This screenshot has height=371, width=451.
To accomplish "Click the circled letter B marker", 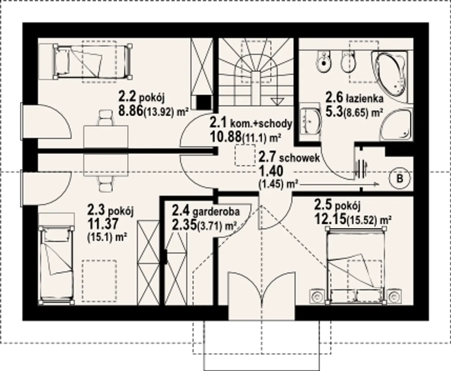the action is tap(400, 178).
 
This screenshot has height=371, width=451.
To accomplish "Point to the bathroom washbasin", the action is tap(311, 122).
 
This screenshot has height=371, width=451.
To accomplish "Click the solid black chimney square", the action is tap(204, 102).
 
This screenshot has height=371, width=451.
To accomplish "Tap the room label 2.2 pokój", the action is tap(141, 97).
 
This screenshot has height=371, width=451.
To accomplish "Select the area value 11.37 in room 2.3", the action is tap(103, 224).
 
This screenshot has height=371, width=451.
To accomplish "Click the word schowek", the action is tap(299, 158).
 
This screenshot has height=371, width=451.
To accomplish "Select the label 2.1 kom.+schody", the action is tap(251, 124).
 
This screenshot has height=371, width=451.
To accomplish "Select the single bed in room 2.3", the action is tap(56, 266).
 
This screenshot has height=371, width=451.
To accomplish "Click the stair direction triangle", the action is tap(277, 101).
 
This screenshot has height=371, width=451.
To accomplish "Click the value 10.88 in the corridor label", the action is tap(225, 137).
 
